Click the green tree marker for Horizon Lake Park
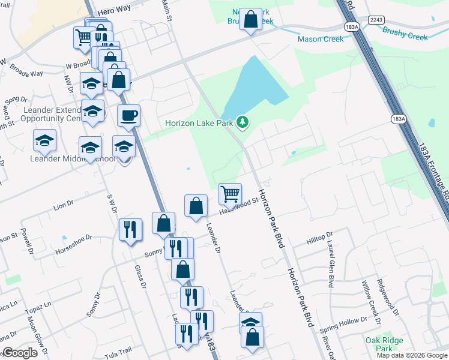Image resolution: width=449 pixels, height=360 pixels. (x=243, y=122)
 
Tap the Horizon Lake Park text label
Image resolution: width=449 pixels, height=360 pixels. (x=200, y=124)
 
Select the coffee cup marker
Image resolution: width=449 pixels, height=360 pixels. (x=128, y=115)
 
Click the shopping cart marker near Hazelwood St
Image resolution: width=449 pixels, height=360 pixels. (x=230, y=194)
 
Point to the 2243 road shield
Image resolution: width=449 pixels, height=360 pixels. (x=376, y=20)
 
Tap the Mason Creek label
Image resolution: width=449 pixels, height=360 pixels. (x=321, y=39)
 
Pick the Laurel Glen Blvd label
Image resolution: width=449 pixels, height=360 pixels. (x=330, y=263)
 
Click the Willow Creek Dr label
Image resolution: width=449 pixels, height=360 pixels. (x=367, y=299)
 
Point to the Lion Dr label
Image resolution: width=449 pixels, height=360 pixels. (x=63, y=206)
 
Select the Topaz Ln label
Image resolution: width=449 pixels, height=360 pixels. (x=38, y=310)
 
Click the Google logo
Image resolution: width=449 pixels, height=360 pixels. (x=19, y=353)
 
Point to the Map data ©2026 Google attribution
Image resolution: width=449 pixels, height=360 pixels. (x=411, y=355)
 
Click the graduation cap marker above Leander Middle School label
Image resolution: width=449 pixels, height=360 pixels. (x=90, y=147)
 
